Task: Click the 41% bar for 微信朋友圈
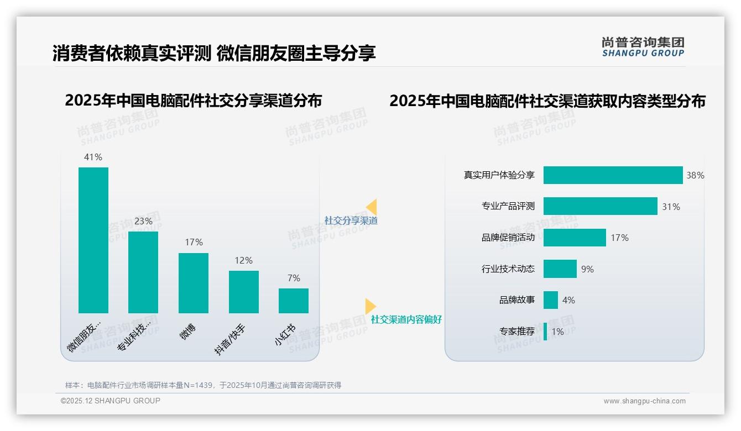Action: [93, 240]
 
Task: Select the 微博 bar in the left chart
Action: [194, 283]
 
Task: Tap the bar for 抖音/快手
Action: [244, 292]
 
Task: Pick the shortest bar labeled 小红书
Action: [294, 301]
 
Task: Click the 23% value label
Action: [143, 222]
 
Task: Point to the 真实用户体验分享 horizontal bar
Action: [613, 175]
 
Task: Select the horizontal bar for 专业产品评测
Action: [600, 206]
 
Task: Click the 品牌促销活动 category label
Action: [508, 238]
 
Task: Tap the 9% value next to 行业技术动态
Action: [587, 269]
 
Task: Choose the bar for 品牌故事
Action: [551, 300]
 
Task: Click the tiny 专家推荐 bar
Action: [545, 332]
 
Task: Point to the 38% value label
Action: [695, 175]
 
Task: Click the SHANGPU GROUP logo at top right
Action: [643, 47]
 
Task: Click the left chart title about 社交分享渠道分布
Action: [193, 101]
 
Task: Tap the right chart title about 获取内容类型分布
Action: [547, 101]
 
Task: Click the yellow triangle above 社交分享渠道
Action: [372, 207]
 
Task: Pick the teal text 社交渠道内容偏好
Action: [406, 319]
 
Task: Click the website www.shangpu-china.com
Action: [644, 401]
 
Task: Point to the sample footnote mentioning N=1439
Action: [203, 385]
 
